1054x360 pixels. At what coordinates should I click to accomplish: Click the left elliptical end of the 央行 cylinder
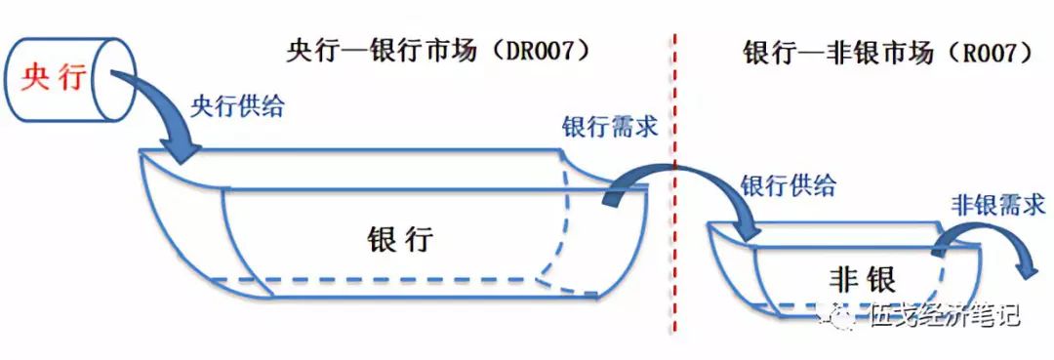16,77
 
